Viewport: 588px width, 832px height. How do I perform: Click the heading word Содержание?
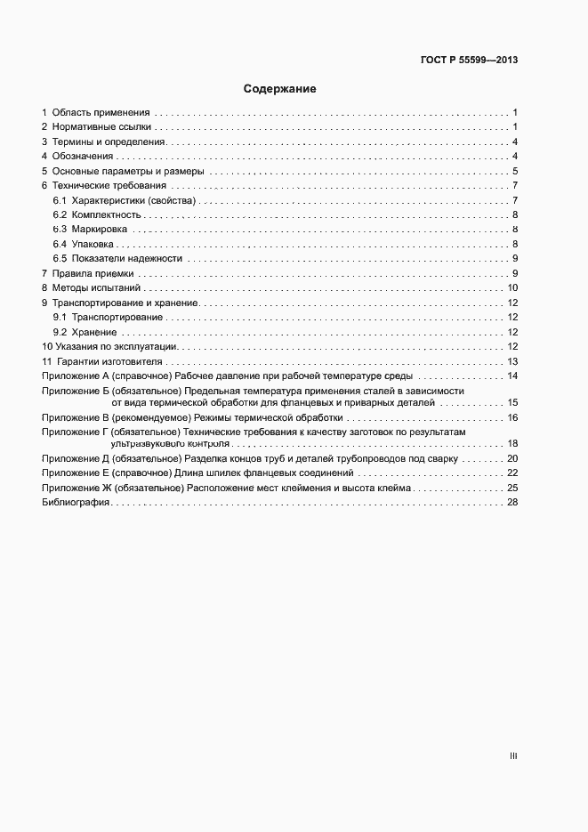click(280, 89)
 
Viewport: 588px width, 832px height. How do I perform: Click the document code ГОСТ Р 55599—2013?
click(469, 61)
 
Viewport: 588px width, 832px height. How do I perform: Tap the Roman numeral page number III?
click(513, 756)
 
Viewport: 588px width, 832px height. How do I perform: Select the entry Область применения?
click(101, 113)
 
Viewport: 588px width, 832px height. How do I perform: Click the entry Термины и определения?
click(109, 142)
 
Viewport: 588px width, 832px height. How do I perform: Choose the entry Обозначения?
click(83, 157)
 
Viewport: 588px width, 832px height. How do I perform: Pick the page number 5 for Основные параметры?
click(515, 171)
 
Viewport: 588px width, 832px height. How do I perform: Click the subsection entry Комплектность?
click(106, 215)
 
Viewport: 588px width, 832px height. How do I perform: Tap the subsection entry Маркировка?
click(101, 230)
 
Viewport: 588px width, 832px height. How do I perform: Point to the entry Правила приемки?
click(93, 273)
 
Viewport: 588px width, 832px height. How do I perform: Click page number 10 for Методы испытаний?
click(512, 287)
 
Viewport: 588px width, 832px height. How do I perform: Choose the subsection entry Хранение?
click(93, 332)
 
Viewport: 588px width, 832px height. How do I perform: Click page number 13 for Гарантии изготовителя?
click(512, 361)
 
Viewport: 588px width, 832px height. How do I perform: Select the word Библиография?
click(76, 503)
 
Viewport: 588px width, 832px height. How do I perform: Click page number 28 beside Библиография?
click(512, 503)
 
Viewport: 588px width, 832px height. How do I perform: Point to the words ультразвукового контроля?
click(170, 443)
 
